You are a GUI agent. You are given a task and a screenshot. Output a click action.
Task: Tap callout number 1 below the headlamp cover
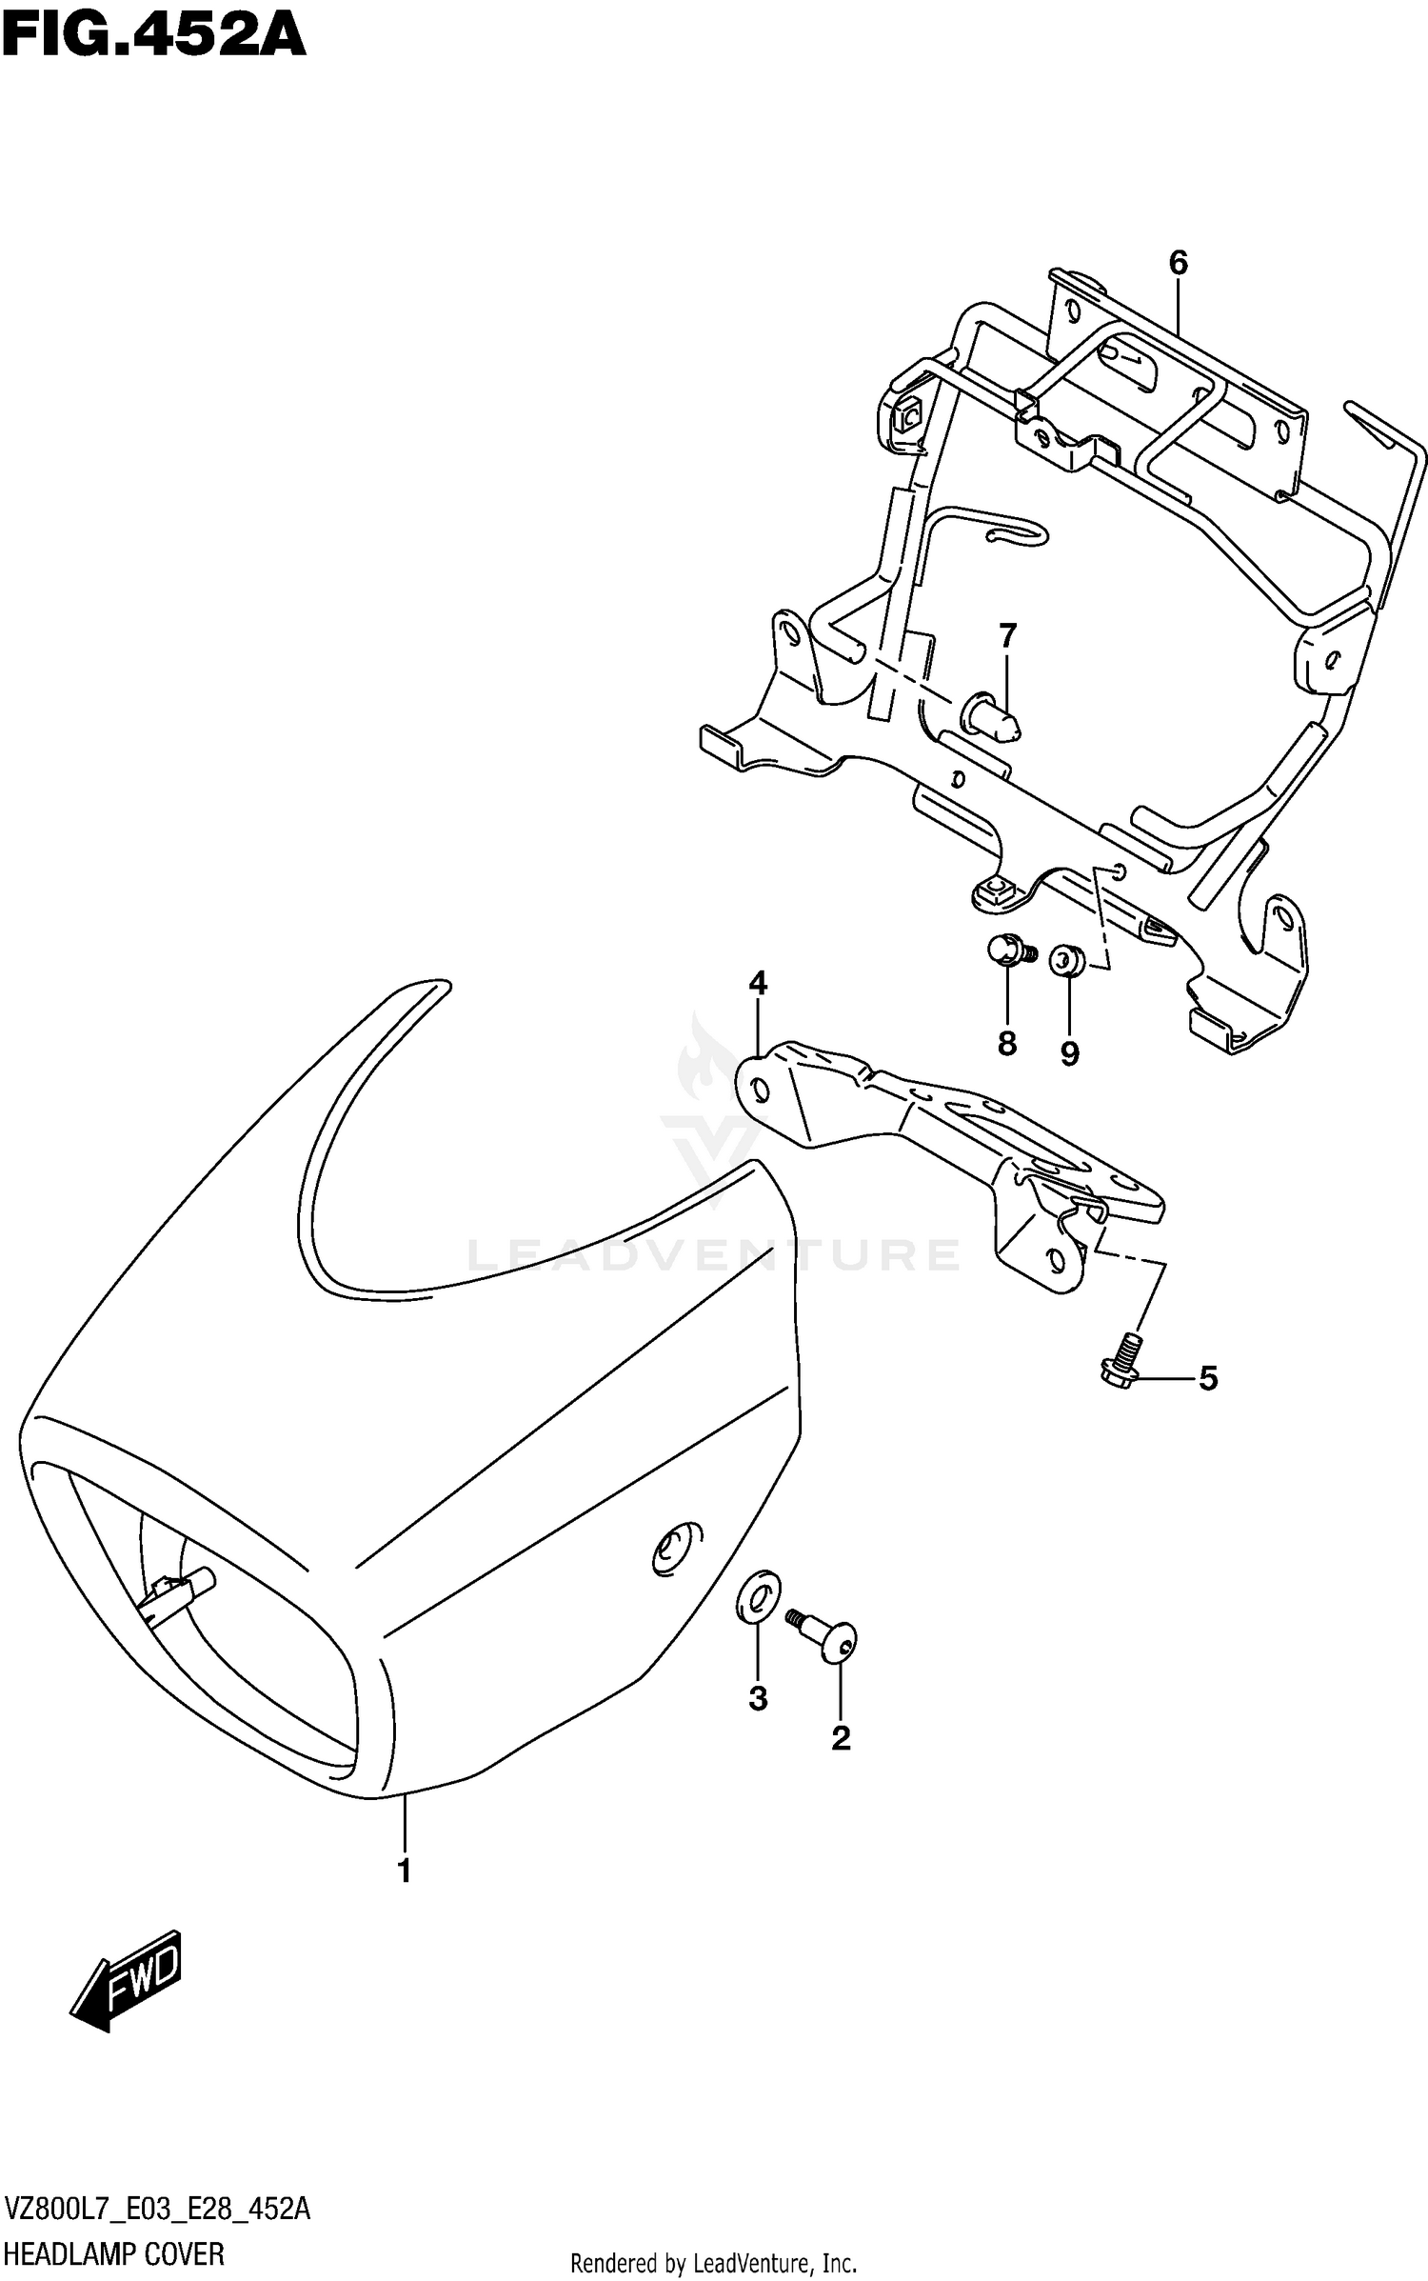(405, 1871)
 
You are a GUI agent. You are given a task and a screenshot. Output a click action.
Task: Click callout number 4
(758, 983)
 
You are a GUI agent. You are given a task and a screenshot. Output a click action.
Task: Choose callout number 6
(1179, 262)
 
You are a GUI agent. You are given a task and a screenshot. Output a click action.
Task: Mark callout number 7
(1007, 634)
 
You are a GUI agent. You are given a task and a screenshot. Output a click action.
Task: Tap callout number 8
(1007, 1043)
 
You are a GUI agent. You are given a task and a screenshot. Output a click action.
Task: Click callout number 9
(1069, 1053)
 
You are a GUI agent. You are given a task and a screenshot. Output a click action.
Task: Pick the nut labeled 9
(1064, 960)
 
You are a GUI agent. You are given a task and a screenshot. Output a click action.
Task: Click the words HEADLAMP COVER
(114, 2253)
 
